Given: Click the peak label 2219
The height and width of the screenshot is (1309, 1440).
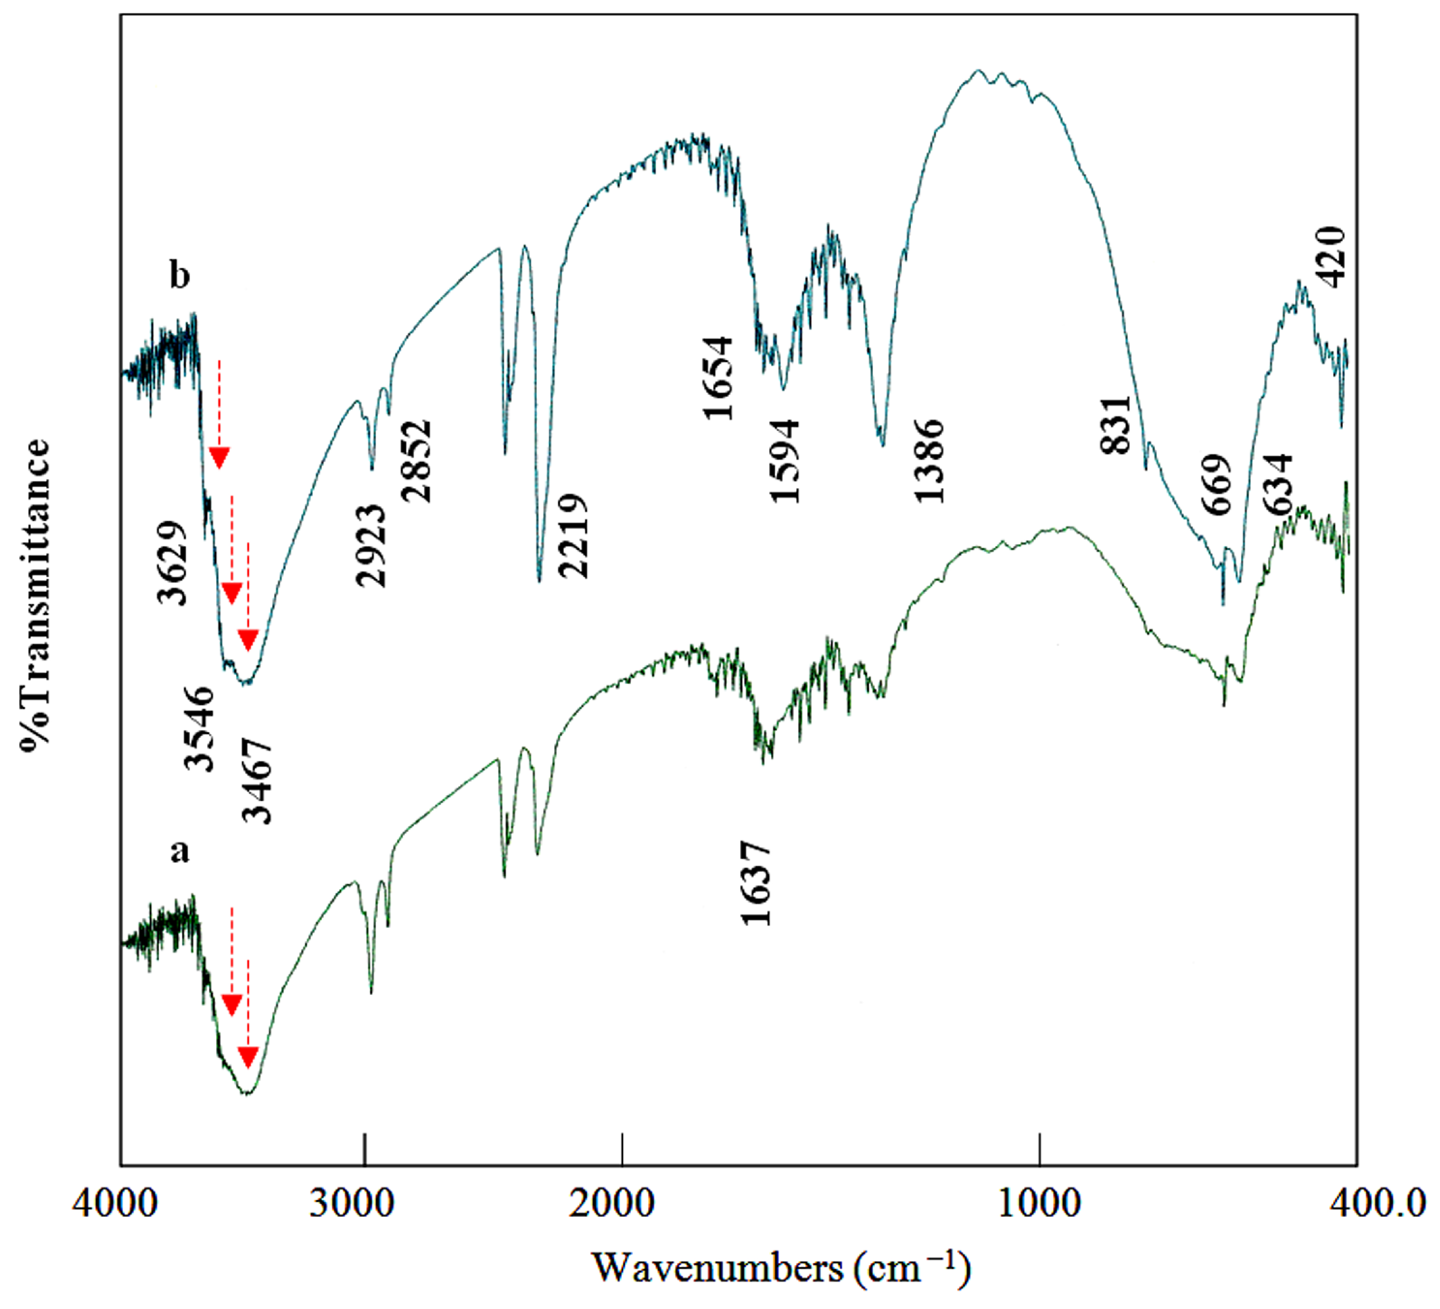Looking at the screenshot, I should (x=573, y=535).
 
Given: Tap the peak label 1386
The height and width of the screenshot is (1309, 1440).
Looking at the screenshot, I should (x=930, y=460).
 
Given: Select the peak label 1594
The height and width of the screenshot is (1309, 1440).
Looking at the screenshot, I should (x=786, y=460).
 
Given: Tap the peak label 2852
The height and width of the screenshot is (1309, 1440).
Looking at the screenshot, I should (x=417, y=460).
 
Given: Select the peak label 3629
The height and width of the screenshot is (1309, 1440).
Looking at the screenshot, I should (x=172, y=563).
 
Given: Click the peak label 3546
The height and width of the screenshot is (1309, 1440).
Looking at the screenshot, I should (x=199, y=728).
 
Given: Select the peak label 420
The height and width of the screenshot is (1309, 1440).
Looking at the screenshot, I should (x=1331, y=257).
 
